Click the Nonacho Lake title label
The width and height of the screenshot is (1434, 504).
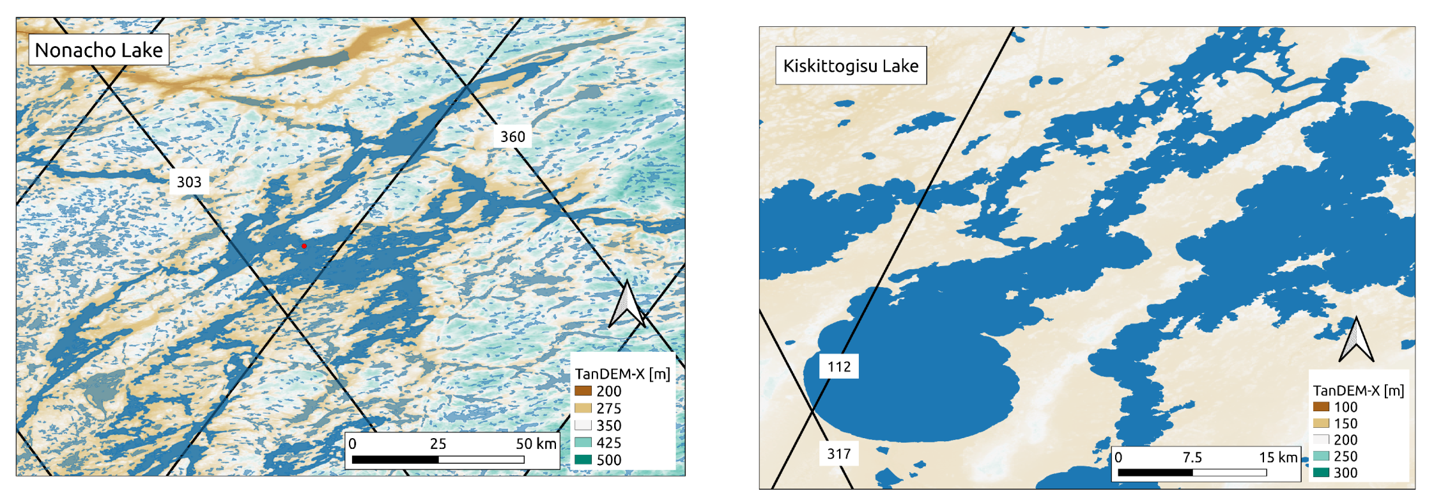pos(98,50)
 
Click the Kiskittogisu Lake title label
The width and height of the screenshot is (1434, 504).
pos(851,66)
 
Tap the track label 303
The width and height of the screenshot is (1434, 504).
pos(189,182)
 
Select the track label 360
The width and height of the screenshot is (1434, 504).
pos(513,137)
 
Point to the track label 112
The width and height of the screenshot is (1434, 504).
pos(839,366)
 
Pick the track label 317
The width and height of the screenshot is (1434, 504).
pos(839,454)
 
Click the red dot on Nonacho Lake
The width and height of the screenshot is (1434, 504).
pos(304,246)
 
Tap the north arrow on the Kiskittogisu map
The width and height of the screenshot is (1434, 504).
pos(1356,340)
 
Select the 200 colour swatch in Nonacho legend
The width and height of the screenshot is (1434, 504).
pos(583,391)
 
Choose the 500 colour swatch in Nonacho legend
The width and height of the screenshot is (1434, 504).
pos(583,459)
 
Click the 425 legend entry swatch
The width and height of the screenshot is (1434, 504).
pos(583,442)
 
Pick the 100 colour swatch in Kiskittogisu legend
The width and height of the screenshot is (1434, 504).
pos(1321,407)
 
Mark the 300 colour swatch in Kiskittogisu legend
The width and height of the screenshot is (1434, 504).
pos(1321,473)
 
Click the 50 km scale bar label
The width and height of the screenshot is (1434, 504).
pos(536,444)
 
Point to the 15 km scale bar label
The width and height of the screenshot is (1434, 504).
pos(1278,457)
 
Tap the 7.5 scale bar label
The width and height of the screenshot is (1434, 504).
pos(1192,457)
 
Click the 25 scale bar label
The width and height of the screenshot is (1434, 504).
pos(438,444)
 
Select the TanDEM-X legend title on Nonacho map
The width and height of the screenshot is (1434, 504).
pos(622,374)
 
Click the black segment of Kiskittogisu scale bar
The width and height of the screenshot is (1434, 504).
pos(1155,473)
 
